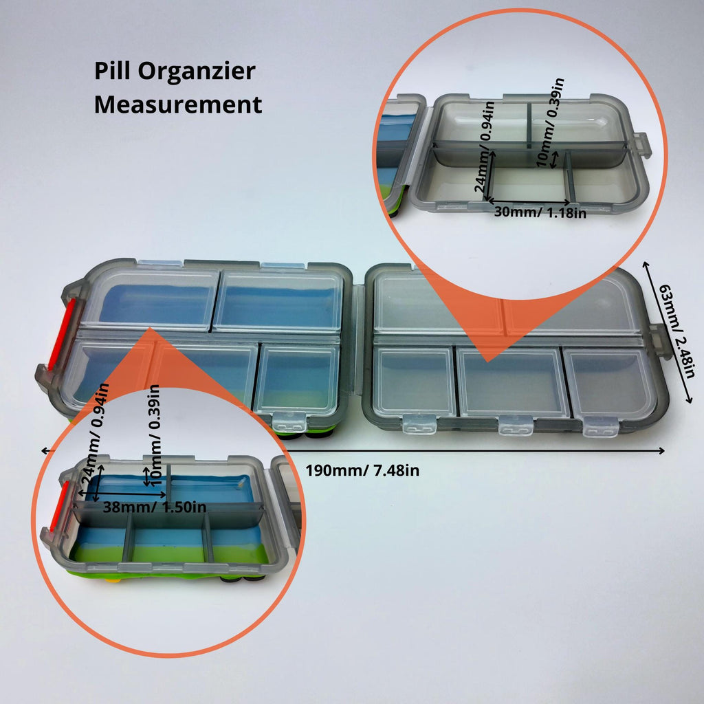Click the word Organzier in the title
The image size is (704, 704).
click(x=196, y=71)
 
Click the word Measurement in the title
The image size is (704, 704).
click(x=178, y=104)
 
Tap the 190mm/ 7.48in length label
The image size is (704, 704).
click(x=362, y=470)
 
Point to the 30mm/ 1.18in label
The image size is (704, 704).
click(x=540, y=212)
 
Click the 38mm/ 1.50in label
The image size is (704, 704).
click(x=155, y=507)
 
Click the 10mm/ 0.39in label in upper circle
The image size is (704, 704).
click(x=551, y=122)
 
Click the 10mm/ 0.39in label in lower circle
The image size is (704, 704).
click(x=154, y=434)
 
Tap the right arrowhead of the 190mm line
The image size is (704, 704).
click(x=661, y=450)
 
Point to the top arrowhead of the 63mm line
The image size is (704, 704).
click(x=646, y=265)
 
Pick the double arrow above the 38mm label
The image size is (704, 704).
click(x=122, y=494)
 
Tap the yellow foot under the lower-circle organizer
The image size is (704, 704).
click(x=113, y=580)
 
